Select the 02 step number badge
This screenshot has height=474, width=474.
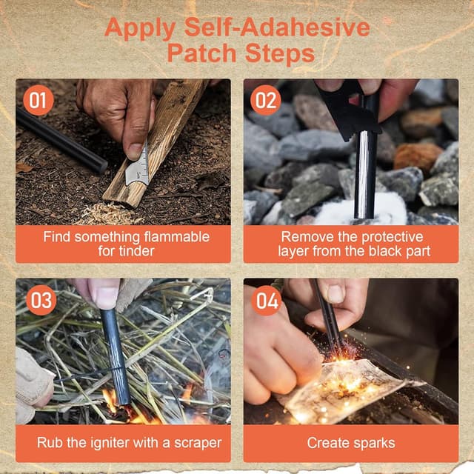(x=266, y=100)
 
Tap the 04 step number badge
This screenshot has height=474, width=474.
(x=266, y=300)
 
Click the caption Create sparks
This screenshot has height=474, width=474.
(x=350, y=444)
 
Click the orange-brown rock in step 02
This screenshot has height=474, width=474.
(x=417, y=156)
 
